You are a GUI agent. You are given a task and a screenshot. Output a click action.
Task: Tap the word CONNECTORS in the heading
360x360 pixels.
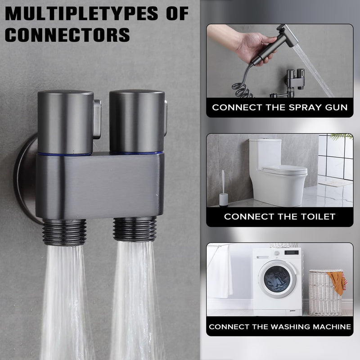click(67, 35)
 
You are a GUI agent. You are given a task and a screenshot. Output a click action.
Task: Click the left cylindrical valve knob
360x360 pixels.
click(65, 122)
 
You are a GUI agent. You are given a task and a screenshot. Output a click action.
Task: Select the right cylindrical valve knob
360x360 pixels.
click(137, 121)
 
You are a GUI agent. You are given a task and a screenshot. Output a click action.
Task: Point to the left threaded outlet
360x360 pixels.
click(64, 232)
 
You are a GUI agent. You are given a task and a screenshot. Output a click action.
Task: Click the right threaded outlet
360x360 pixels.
click(135, 229)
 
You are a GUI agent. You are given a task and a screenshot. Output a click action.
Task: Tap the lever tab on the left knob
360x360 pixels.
click(97, 119)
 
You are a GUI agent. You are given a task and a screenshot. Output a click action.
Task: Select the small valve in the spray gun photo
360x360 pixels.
click(295, 79)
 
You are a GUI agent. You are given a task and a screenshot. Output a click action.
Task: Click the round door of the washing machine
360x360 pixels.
click(277, 279)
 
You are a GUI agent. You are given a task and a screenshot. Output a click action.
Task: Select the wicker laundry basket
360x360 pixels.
click(325, 293)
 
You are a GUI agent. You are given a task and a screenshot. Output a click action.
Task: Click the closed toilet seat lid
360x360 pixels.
click(285, 170)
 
